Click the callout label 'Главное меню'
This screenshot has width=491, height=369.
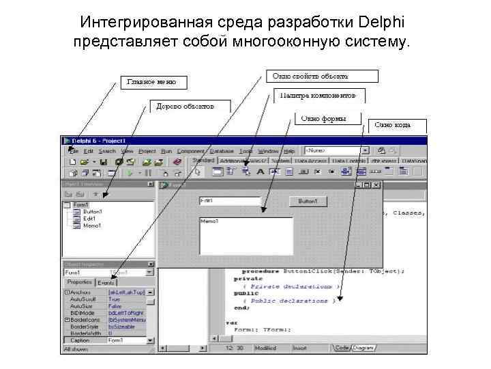[x=151, y=82]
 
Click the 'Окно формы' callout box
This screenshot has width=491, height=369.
[x=321, y=118]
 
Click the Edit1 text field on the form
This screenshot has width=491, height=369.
[x=229, y=201]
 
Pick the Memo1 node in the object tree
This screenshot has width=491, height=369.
[x=92, y=225]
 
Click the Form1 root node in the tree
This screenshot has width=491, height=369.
[x=80, y=205]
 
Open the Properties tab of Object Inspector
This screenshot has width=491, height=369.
[x=79, y=282]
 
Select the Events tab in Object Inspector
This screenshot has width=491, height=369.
[x=106, y=282]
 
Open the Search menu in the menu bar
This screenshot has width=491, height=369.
[x=107, y=150]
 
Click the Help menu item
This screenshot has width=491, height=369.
[x=289, y=150]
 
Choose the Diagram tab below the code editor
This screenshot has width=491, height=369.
[x=363, y=347]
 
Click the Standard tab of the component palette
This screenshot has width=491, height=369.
[x=203, y=161]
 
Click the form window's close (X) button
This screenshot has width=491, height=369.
[x=376, y=184]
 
